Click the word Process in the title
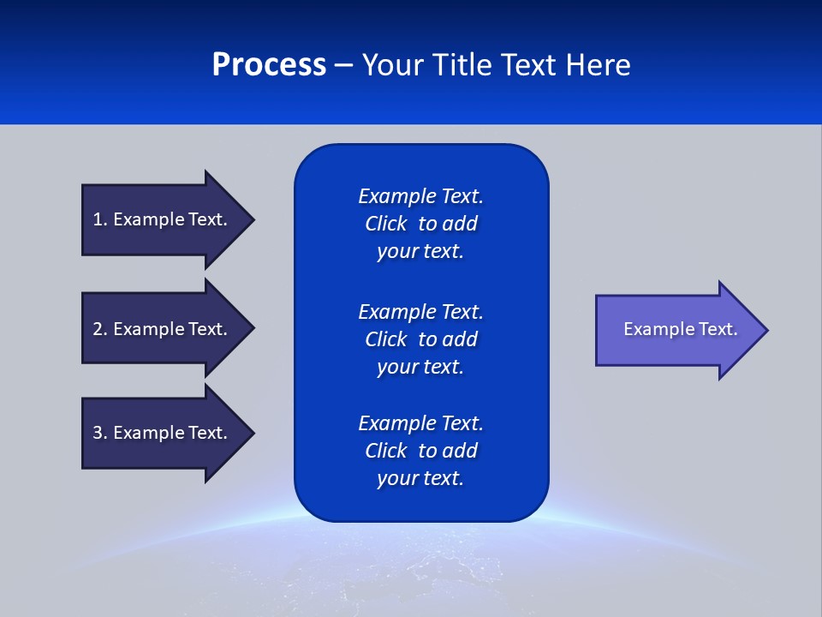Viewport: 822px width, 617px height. point(269,65)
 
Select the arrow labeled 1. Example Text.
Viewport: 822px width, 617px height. point(163,219)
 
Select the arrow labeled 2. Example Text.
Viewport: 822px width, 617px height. point(163,329)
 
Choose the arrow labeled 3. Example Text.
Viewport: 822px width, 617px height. point(163,433)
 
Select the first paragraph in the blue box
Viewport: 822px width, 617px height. point(420,224)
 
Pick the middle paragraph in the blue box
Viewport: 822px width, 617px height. point(420,339)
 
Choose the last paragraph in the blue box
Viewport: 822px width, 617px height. point(420,451)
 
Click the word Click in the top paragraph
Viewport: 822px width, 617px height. point(386,224)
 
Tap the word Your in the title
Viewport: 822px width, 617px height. point(390,65)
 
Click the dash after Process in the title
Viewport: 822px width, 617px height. point(343,66)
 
